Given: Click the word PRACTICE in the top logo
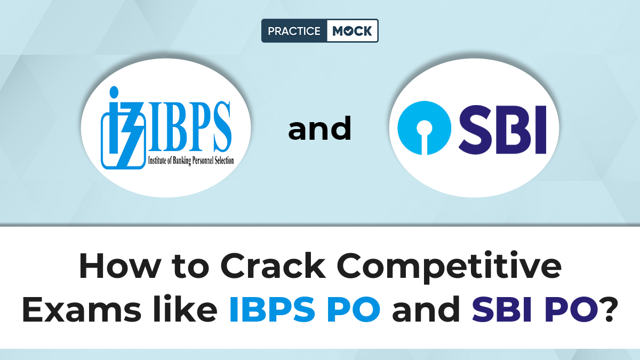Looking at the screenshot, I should click(x=293, y=31).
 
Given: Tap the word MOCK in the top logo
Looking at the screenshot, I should click(x=352, y=31).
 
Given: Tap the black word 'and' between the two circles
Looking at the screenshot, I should click(x=320, y=130).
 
